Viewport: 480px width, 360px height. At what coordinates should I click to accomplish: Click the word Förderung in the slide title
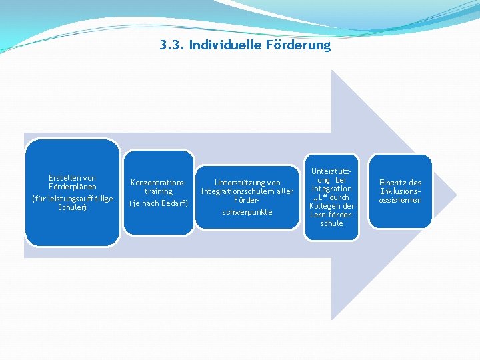pos(298,45)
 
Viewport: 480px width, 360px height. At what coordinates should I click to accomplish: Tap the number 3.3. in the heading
pos(173,45)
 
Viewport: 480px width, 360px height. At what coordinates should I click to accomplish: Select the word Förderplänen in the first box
pos(72,187)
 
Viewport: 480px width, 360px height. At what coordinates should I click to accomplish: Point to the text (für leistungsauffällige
pos(72,199)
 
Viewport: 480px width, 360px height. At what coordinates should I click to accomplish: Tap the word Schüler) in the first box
pos(72,207)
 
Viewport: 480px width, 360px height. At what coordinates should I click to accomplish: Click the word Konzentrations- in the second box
pos(158,182)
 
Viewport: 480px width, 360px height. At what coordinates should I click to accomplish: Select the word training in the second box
pos(158,191)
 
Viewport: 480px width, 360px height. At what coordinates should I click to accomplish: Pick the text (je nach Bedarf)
pos(158,203)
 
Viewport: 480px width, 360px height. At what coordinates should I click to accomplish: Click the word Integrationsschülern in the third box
pos(237,191)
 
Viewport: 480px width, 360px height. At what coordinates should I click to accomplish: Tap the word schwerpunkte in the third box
pos(247,212)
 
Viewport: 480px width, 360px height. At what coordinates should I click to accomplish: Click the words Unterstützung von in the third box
pos(247,182)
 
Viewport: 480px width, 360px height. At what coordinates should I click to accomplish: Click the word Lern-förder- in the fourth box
pos(331,215)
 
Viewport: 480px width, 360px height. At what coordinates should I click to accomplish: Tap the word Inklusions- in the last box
pos(401,191)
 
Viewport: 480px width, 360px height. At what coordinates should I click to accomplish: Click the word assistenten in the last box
pos(401,200)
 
